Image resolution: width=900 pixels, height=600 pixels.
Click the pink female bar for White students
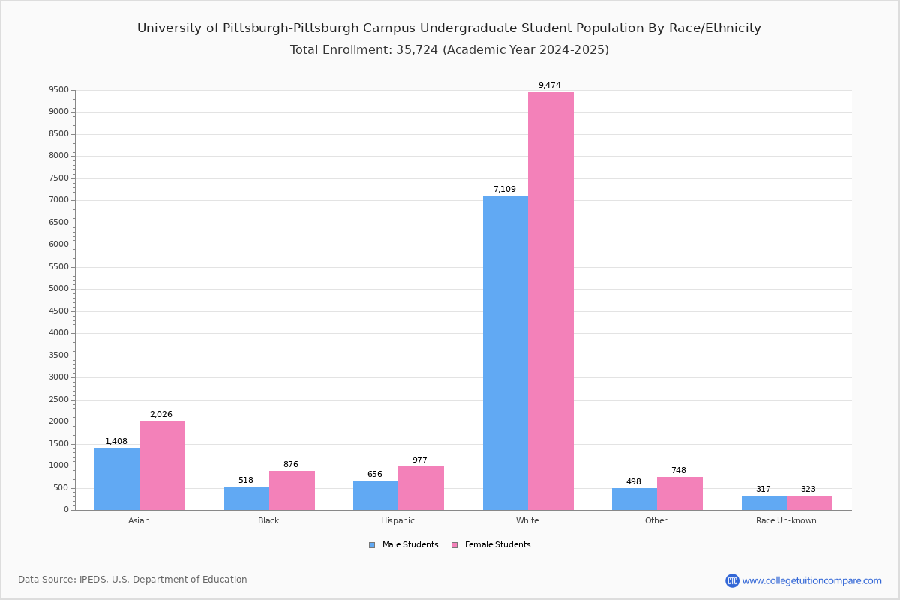[x=550, y=301]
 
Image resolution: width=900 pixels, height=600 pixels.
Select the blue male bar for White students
[x=505, y=352]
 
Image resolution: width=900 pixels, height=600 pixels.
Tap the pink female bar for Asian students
[x=162, y=465]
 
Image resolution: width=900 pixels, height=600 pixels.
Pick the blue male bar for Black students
[x=247, y=499]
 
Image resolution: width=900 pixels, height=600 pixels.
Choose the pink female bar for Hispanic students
[x=421, y=488]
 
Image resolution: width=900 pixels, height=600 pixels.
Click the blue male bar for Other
[x=634, y=499]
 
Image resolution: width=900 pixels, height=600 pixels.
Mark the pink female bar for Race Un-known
[x=809, y=503]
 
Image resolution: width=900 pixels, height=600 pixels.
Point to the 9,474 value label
[x=550, y=85]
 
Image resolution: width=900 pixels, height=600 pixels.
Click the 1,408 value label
[x=116, y=441]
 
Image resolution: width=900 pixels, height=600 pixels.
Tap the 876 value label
[x=291, y=464]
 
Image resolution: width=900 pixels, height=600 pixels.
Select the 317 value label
[x=763, y=489]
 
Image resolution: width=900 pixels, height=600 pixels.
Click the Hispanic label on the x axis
[x=397, y=520]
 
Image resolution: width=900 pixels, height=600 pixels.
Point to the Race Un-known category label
[x=786, y=520]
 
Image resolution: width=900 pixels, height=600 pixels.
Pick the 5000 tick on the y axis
[x=59, y=289]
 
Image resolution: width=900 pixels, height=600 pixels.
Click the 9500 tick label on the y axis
[x=59, y=89]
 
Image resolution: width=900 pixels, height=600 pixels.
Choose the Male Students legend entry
[x=403, y=545]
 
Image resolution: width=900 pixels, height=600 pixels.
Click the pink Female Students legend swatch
[x=454, y=545]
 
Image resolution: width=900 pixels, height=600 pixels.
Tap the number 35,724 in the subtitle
[x=417, y=49]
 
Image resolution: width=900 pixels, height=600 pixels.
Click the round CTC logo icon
[x=733, y=581]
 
